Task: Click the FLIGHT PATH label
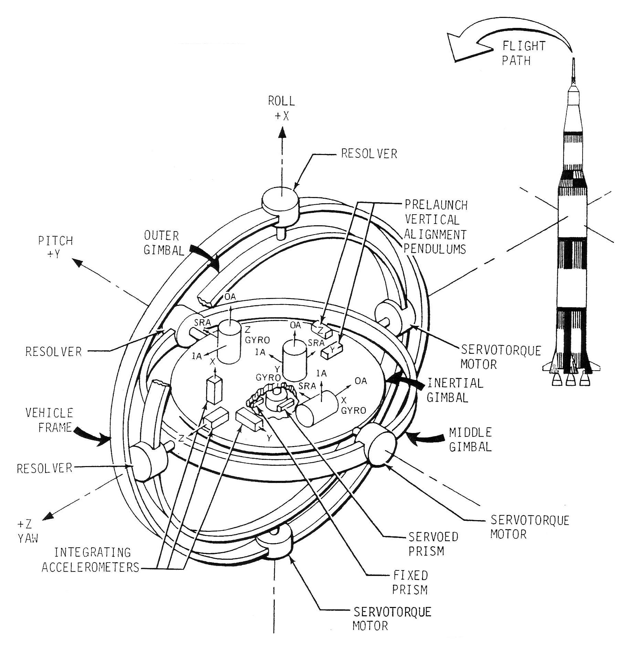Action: click(523, 53)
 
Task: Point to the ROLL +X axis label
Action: click(282, 108)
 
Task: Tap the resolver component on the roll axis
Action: click(280, 200)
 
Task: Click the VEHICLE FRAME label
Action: click(49, 420)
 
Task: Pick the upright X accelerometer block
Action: click(214, 390)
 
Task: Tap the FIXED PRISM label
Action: click(410, 582)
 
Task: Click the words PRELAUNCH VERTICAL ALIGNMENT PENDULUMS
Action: click(436, 227)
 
